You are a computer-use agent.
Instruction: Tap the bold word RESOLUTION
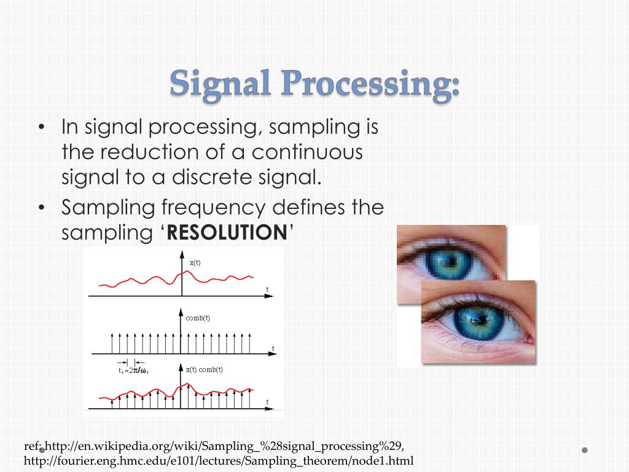(x=227, y=232)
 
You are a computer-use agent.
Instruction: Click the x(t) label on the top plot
(x=195, y=262)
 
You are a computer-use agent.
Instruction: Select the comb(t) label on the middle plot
(x=198, y=318)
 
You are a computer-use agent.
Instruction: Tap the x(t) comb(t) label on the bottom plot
(x=204, y=369)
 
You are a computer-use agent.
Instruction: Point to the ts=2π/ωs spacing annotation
(x=133, y=370)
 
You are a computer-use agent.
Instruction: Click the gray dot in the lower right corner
(x=585, y=450)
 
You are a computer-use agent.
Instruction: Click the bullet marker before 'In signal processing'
(x=41, y=128)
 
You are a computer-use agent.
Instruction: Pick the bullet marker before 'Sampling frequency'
(x=41, y=208)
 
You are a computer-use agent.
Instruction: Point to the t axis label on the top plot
(x=267, y=289)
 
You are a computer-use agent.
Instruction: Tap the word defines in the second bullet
(x=306, y=208)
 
